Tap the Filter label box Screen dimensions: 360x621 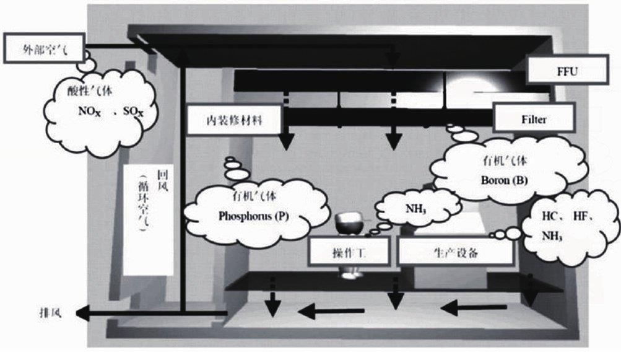coord(533,120)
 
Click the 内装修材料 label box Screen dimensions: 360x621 coord(234,120)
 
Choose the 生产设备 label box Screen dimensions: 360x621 coord(455,252)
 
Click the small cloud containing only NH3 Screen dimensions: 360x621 coord(417,209)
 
